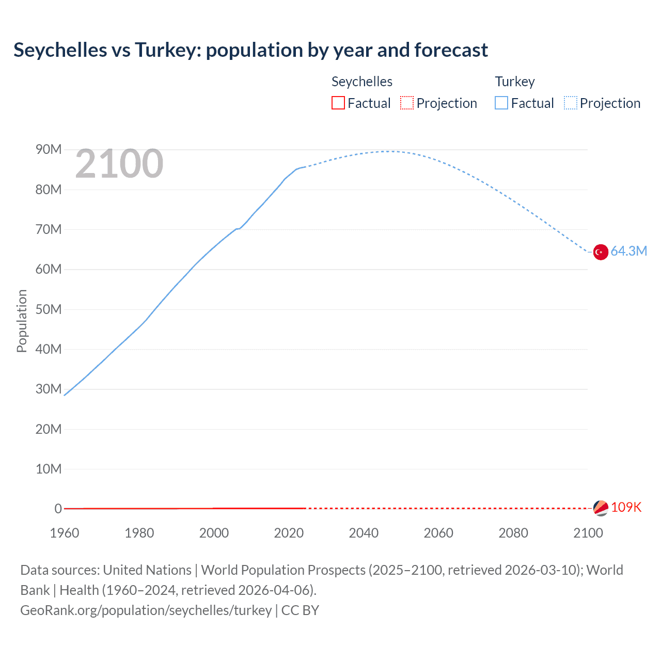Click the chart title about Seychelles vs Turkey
250,50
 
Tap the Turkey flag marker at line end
601,252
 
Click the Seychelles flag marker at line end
601,508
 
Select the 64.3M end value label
628,251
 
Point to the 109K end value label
626,508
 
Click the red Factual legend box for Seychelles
338,103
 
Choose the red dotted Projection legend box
407,103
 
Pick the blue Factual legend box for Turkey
501,103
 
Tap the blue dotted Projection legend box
571,103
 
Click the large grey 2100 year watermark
119,164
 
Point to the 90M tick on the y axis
49,150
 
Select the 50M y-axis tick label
49,309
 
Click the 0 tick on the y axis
58,509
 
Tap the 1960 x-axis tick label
65,533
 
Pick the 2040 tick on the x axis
364,533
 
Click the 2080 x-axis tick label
513,533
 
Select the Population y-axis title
22,321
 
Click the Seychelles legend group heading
361,82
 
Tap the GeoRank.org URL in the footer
146,610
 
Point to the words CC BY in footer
300,610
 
